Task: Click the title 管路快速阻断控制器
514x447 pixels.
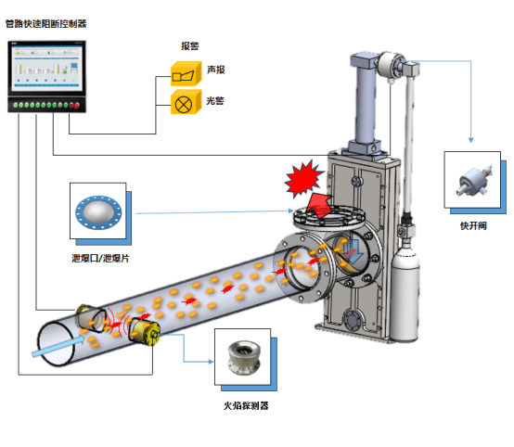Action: tap(45, 23)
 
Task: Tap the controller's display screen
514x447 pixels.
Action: tap(45, 68)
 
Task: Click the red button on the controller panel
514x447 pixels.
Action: tap(77, 105)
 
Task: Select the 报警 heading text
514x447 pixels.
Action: tap(190, 45)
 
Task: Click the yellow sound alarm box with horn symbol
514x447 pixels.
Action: tap(186, 74)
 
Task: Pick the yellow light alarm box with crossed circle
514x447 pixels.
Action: tap(186, 102)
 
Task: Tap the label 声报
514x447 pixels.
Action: tap(215, 70)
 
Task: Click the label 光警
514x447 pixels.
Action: tap(215, 100)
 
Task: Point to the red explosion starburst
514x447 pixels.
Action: tap(304, 179)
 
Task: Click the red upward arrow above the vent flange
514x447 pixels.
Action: tap(319, 206)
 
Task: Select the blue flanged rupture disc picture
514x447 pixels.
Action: tap(98, 212)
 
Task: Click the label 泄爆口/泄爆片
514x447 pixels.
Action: tap(100, 259)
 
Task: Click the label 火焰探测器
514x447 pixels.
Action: tap(246, 405)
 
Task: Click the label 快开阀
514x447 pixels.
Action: tap(473, 225)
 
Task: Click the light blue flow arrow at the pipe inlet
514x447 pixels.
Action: tap(58, 346)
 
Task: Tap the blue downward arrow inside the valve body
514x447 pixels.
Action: tap(353, 251)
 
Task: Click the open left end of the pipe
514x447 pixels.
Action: tap(56, 344)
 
